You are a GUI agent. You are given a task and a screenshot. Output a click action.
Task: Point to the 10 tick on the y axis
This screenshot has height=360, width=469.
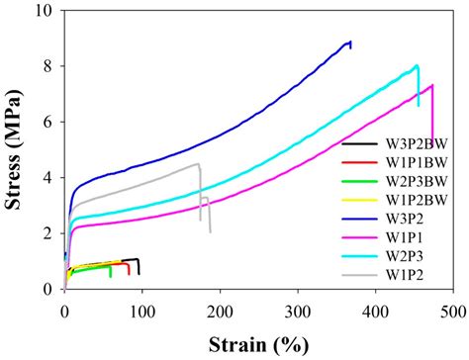45,11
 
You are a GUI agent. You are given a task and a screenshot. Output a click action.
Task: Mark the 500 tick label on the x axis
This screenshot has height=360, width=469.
453,310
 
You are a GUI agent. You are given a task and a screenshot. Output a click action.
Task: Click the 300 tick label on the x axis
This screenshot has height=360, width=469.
298,310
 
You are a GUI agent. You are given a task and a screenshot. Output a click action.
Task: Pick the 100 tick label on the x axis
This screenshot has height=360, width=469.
142,310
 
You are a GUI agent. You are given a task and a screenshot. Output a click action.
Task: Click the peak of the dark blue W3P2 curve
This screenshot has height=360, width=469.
349,42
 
